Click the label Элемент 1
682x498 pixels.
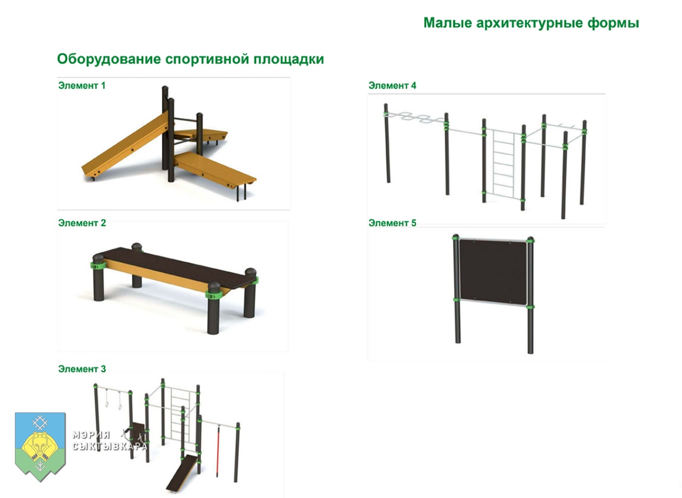click(82, 86)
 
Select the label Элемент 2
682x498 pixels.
click(82, 223)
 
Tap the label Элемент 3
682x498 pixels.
click(82, 369)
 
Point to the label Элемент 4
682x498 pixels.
click(392, 86)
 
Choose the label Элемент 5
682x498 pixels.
click(392, 223)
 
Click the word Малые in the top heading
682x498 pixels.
click(448, 23)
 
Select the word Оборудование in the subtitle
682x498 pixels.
click(109, 59)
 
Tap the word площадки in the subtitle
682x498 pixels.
click(289, 59)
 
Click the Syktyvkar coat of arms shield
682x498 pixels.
click(40, 446)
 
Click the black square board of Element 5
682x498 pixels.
click(493, 272)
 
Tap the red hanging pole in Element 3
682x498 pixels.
click(218, 452)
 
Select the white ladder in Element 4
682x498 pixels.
click(504, 165)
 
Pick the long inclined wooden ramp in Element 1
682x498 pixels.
click(125, 146)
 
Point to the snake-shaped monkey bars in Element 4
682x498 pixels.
click(416, 118)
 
